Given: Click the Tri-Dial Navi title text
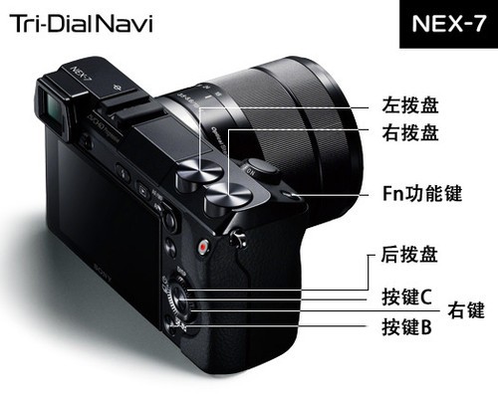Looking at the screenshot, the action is click(x=82, y=24).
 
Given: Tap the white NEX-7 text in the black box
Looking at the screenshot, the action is click(x=448, y=24).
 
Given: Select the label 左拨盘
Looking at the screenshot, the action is click(x=410, y=104).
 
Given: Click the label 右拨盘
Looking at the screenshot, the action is click(x=410, y=132).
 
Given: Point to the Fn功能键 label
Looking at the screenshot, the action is click(x=422, y=193).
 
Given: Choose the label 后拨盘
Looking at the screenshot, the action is click(x=409, y=255).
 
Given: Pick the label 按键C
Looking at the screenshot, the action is click(x=407, y=297).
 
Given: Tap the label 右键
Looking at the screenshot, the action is click(x=466, y=310).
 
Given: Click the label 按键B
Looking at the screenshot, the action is click(x=407, y=326).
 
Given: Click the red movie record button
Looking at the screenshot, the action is click(x=203, y=247).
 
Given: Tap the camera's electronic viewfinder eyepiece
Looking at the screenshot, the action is click(x=53, y=107).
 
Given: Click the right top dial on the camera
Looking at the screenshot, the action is click(x=227, y=197).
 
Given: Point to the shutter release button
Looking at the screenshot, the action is click(x=263, y=170).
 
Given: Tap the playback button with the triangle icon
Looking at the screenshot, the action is click(x=143, y=190).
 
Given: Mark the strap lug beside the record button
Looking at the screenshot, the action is click(x=238, y=238).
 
